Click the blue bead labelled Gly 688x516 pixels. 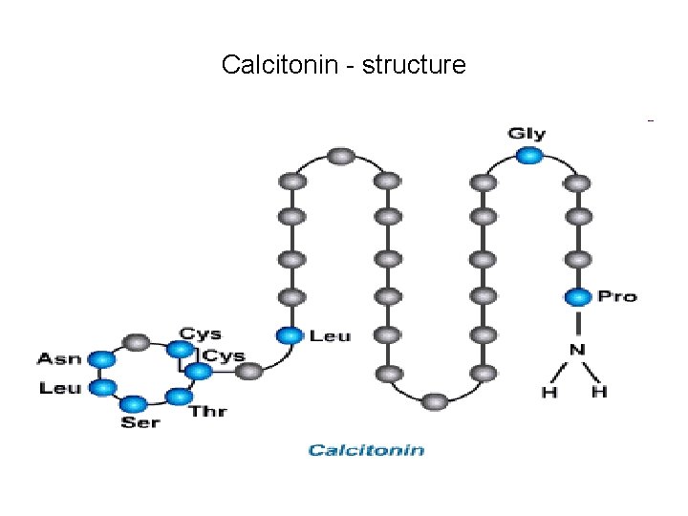532,156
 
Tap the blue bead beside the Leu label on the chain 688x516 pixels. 290,335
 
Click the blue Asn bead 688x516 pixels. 100,359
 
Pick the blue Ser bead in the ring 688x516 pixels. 134,404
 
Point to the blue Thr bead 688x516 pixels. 177,396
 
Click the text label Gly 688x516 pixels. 527,134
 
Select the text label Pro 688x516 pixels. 616,297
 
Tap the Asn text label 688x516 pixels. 58,359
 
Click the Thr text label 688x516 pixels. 207,412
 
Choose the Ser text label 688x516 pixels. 140,422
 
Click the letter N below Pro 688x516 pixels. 577,350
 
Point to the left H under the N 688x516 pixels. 550,392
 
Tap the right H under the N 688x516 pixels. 599,392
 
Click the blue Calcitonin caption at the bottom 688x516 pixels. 366,450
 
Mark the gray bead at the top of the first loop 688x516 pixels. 339,156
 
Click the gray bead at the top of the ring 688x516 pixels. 138,341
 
